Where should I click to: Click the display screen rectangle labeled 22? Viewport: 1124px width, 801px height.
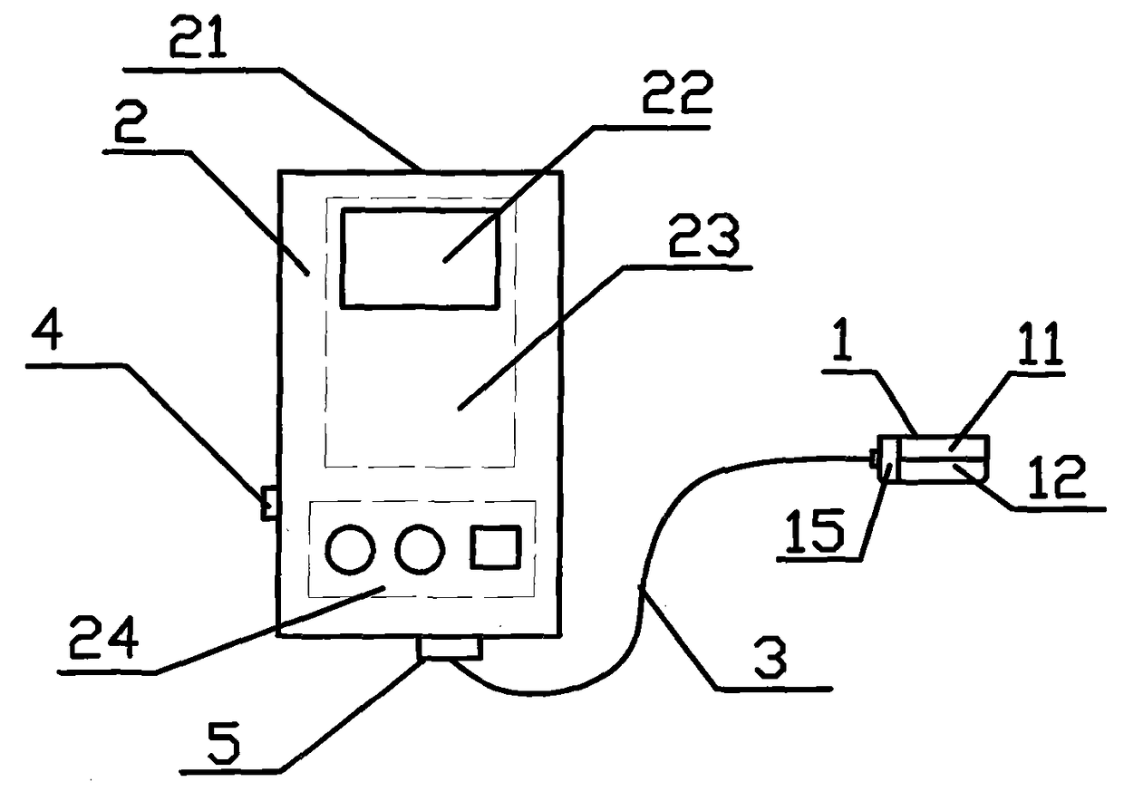420,257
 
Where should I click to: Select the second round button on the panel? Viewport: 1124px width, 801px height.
421,550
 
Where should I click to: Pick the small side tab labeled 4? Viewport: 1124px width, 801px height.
267,503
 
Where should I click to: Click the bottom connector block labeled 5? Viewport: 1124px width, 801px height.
450,649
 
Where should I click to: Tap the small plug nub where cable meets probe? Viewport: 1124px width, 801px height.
873,459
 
